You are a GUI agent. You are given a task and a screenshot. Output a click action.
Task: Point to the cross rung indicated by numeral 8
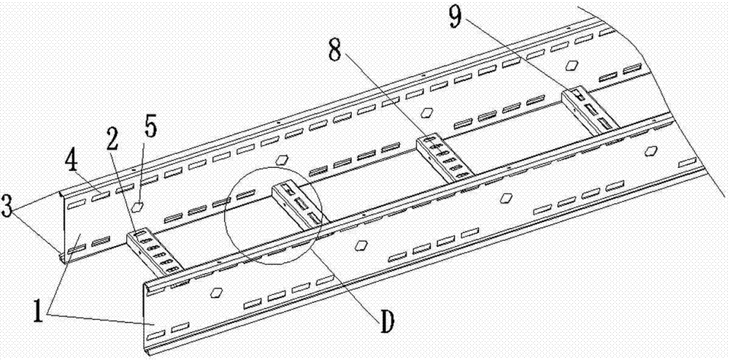(x=444, y=156)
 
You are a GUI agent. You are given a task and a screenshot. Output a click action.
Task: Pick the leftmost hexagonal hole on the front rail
(x=215, y=293)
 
